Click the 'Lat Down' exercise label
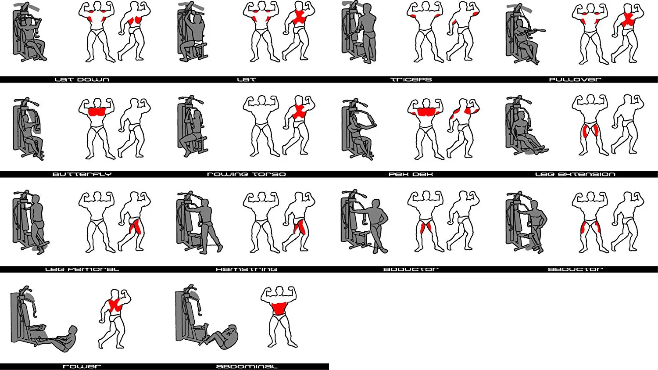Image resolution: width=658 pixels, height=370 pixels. point(82,79)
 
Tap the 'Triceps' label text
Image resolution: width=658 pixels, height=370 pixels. point(411,79)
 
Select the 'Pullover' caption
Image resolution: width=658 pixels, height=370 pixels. point(575,79)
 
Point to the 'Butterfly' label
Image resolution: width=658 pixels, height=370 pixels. point(82,174)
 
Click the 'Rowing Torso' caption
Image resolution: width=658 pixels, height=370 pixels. point(247,174)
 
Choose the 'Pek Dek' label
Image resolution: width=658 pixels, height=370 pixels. point(411,174)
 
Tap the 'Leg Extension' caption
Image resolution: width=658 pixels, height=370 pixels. point(575,174)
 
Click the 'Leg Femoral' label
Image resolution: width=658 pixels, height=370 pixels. point(82,269)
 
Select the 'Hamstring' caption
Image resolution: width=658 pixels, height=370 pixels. point(247,269)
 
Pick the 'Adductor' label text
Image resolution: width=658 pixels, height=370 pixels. point(411,269)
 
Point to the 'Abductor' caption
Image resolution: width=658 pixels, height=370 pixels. point(575,269)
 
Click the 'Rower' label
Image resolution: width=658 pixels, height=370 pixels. point(82,366)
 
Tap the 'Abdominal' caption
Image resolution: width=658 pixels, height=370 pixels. point(247,366)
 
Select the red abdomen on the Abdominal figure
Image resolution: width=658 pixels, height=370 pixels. point(279,309)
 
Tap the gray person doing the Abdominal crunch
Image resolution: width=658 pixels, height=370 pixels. point(223,338)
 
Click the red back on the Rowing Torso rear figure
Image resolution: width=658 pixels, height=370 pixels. point(299,111)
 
